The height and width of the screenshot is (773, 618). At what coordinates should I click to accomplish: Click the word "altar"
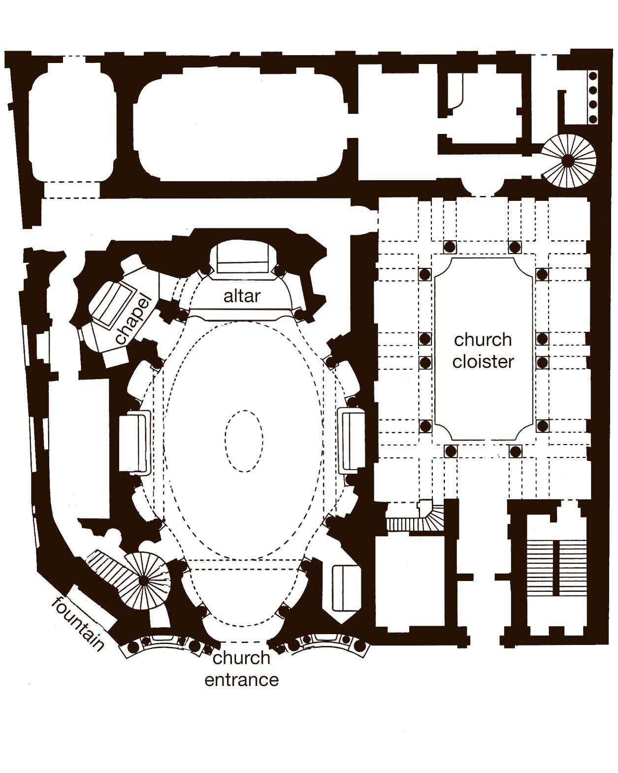pyautogui.click(x=241, y=296)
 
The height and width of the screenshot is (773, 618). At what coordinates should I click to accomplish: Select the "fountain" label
pyautogui.click(x=78, y=623)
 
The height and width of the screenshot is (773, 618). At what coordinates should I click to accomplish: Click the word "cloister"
pyautogui.click(x=483, y=361)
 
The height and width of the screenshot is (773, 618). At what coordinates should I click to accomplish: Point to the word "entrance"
pyautogui.click(x=241, y=680)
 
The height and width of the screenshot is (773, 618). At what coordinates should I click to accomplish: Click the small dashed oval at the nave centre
pyautogui.click(x=244, y=441)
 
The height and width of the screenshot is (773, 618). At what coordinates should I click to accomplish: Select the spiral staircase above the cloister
pyautogui.click(x=569, y=160)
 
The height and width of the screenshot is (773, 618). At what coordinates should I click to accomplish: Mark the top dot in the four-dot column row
pyautogui.click(x=593, y=76)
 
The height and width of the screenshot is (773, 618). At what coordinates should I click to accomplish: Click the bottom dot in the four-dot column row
pyautogui.click(x=593, y=119)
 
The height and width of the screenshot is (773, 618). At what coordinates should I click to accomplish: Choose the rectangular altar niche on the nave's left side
pyautogui.click(x=133, y=442)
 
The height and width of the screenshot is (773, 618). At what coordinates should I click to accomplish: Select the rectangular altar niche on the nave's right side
pyautogui.click(x=352, y=441)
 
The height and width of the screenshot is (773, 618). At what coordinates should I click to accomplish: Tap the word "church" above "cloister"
pyautogui.click(x=483, y=340)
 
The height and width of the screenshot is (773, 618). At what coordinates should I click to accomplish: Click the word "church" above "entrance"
pyautogui.click(x=241, y=658)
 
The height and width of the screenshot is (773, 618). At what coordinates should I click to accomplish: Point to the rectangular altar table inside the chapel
pyautogui.click(x=113, y=302)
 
